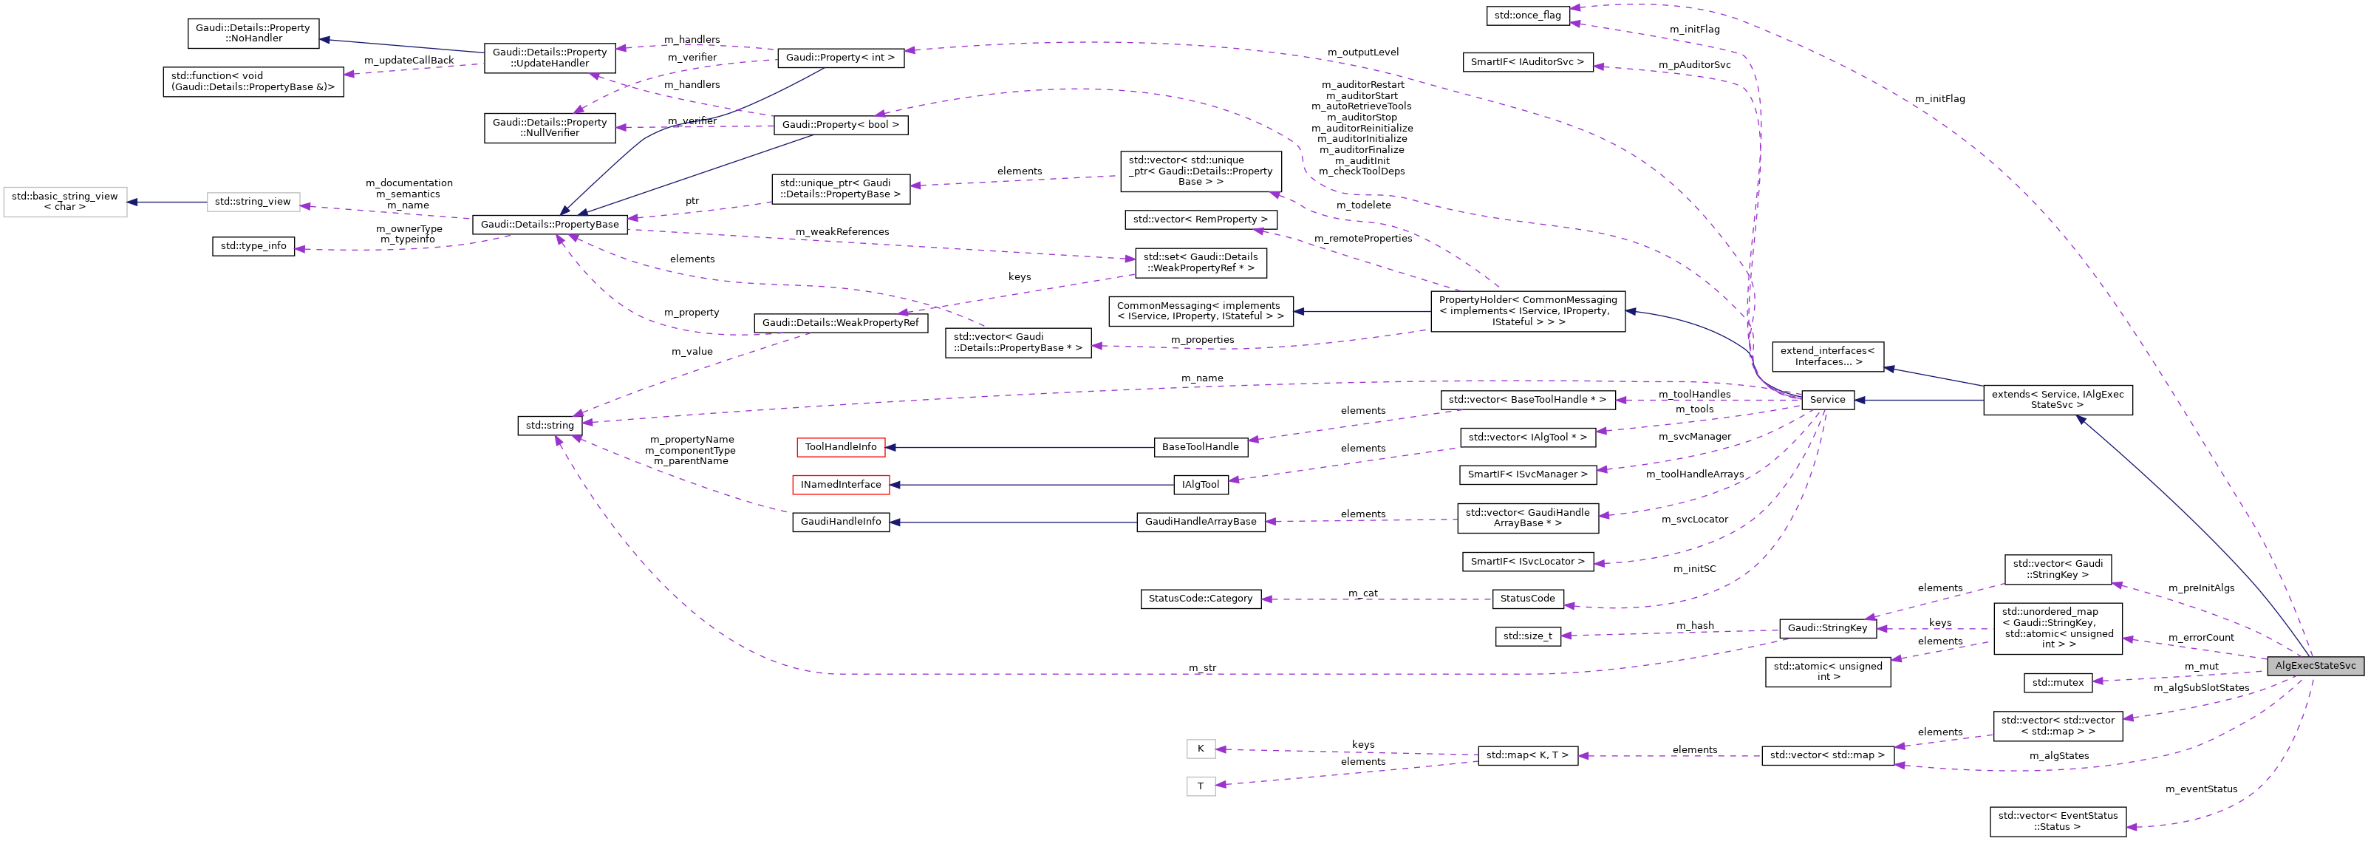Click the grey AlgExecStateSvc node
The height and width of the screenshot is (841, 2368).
[x=2315, y=665]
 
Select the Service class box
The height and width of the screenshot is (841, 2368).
[x=1827, y=400]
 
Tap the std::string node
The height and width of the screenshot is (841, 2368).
[x=550, y=426]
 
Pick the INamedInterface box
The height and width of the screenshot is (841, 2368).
[x=840, y=484]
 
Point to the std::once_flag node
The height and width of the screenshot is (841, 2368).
[x=1528, y=16]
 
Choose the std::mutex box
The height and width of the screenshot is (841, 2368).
[x=2057, y=683]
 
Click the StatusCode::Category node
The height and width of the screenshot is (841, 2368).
[x=1200, y=599]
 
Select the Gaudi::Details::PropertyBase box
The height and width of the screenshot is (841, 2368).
[x=550, y=224]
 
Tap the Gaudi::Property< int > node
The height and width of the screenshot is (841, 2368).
[x=840, y=57]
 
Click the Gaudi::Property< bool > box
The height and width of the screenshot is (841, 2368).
[x=840, y=125]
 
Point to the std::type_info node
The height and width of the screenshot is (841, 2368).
[x=253, y=246]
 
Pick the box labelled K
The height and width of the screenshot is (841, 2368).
[x=1200, y=749]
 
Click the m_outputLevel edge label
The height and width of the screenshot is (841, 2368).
[x=1362, y=52]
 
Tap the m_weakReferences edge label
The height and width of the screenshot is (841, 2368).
[x=842, y=231]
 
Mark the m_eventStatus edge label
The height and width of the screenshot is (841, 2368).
[x=2201, y=789]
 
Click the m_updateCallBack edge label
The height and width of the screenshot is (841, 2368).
[x=409, y=61]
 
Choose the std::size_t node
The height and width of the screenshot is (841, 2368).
[x=1527, y=636]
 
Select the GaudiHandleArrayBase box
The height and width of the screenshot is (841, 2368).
[x=1200, y=522]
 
